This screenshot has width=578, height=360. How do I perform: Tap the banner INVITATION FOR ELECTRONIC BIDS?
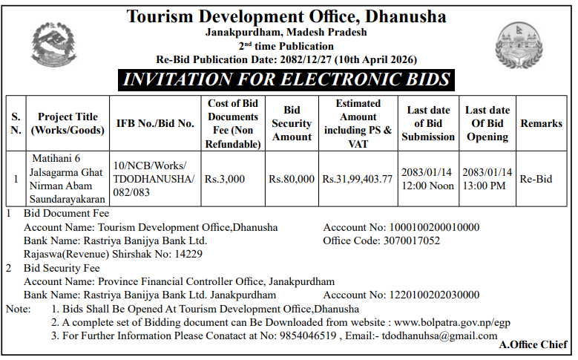[286, 80]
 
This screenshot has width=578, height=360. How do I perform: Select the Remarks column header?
[541, 123]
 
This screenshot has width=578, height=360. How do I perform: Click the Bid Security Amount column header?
[292, 123]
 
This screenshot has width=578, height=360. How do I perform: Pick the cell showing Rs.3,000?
[225, 180]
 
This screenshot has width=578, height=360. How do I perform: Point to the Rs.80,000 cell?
[292, 180]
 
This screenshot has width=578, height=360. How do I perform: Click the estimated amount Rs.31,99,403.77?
[358, 180]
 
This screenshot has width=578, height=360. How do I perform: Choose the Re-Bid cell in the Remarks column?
[536, 180]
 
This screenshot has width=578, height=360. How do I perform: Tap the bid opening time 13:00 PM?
[487, 186]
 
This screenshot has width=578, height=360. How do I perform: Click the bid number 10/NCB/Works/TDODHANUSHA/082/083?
[154, 180]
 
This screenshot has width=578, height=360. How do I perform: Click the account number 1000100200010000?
[433, 228]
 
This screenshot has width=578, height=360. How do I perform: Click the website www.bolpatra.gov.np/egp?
[452, 322]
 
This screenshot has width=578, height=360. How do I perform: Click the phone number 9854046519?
[306, 336]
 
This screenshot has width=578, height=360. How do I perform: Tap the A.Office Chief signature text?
[533, 345]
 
